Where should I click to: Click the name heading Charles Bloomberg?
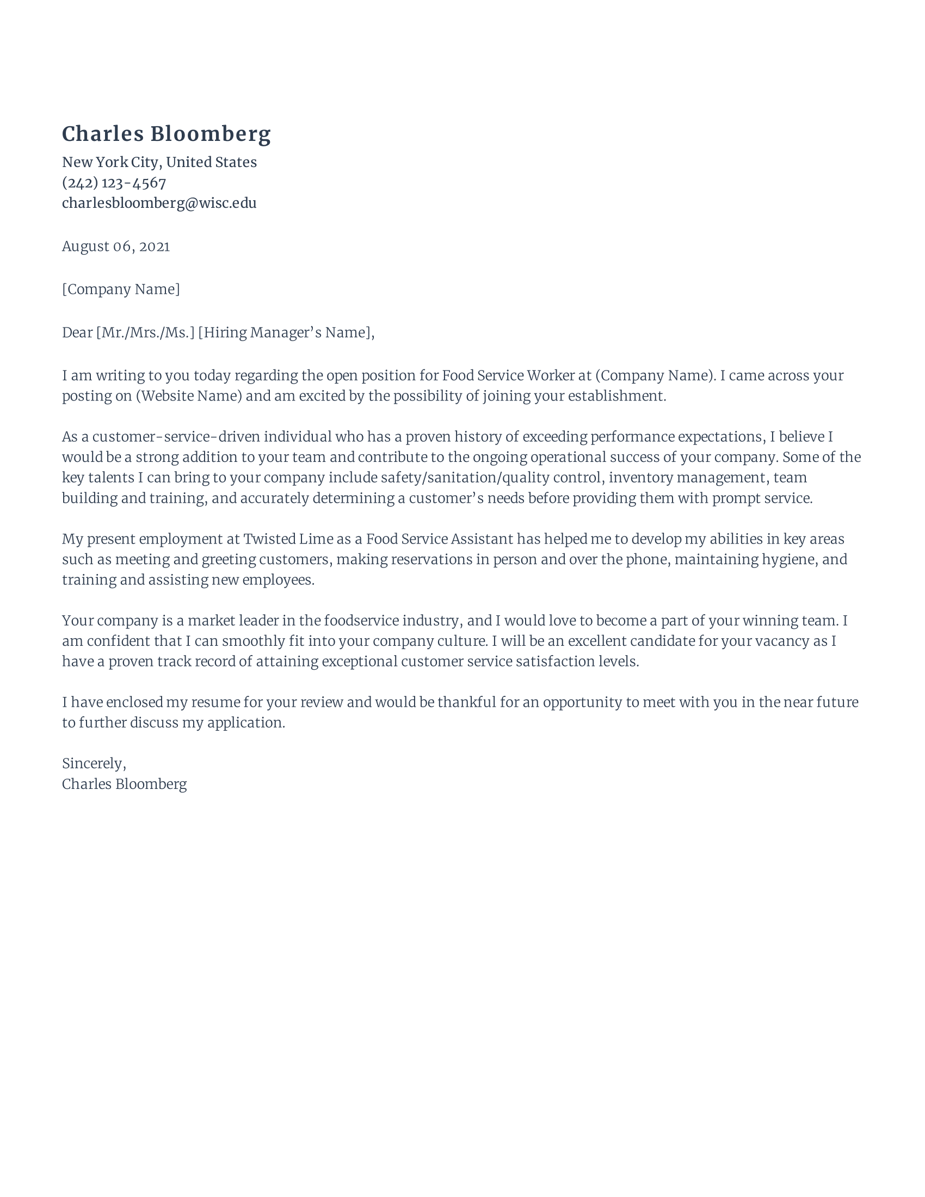point(166,134)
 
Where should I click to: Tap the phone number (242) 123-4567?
point(114,182)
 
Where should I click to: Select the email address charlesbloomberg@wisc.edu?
point(159,203)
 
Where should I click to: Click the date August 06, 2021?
point(115,246)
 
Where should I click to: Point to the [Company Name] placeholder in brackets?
point(121,289)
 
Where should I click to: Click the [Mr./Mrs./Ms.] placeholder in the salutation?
point(145,332)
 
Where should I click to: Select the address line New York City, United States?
point(159,162)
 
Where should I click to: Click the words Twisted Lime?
point(288,539)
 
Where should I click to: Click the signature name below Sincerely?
point(125,784)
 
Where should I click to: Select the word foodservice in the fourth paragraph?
point(361,620)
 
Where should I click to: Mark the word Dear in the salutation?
point(77,332)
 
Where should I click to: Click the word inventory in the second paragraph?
point(640,477)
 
